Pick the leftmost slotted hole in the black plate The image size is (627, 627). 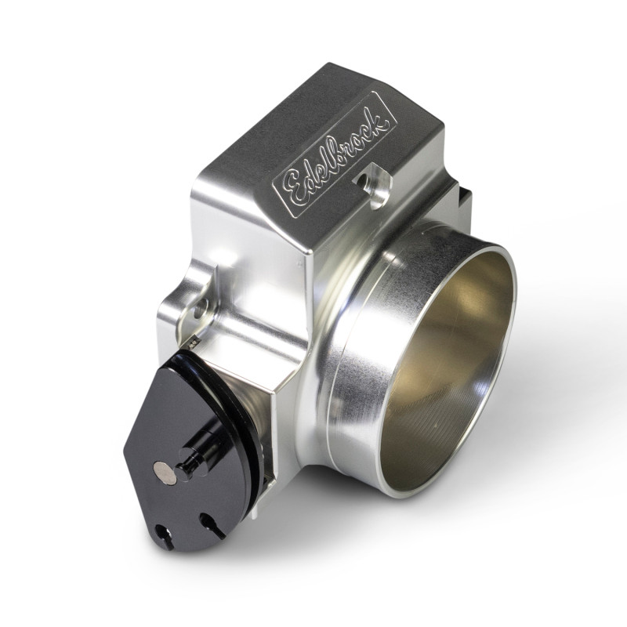[165, 535]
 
